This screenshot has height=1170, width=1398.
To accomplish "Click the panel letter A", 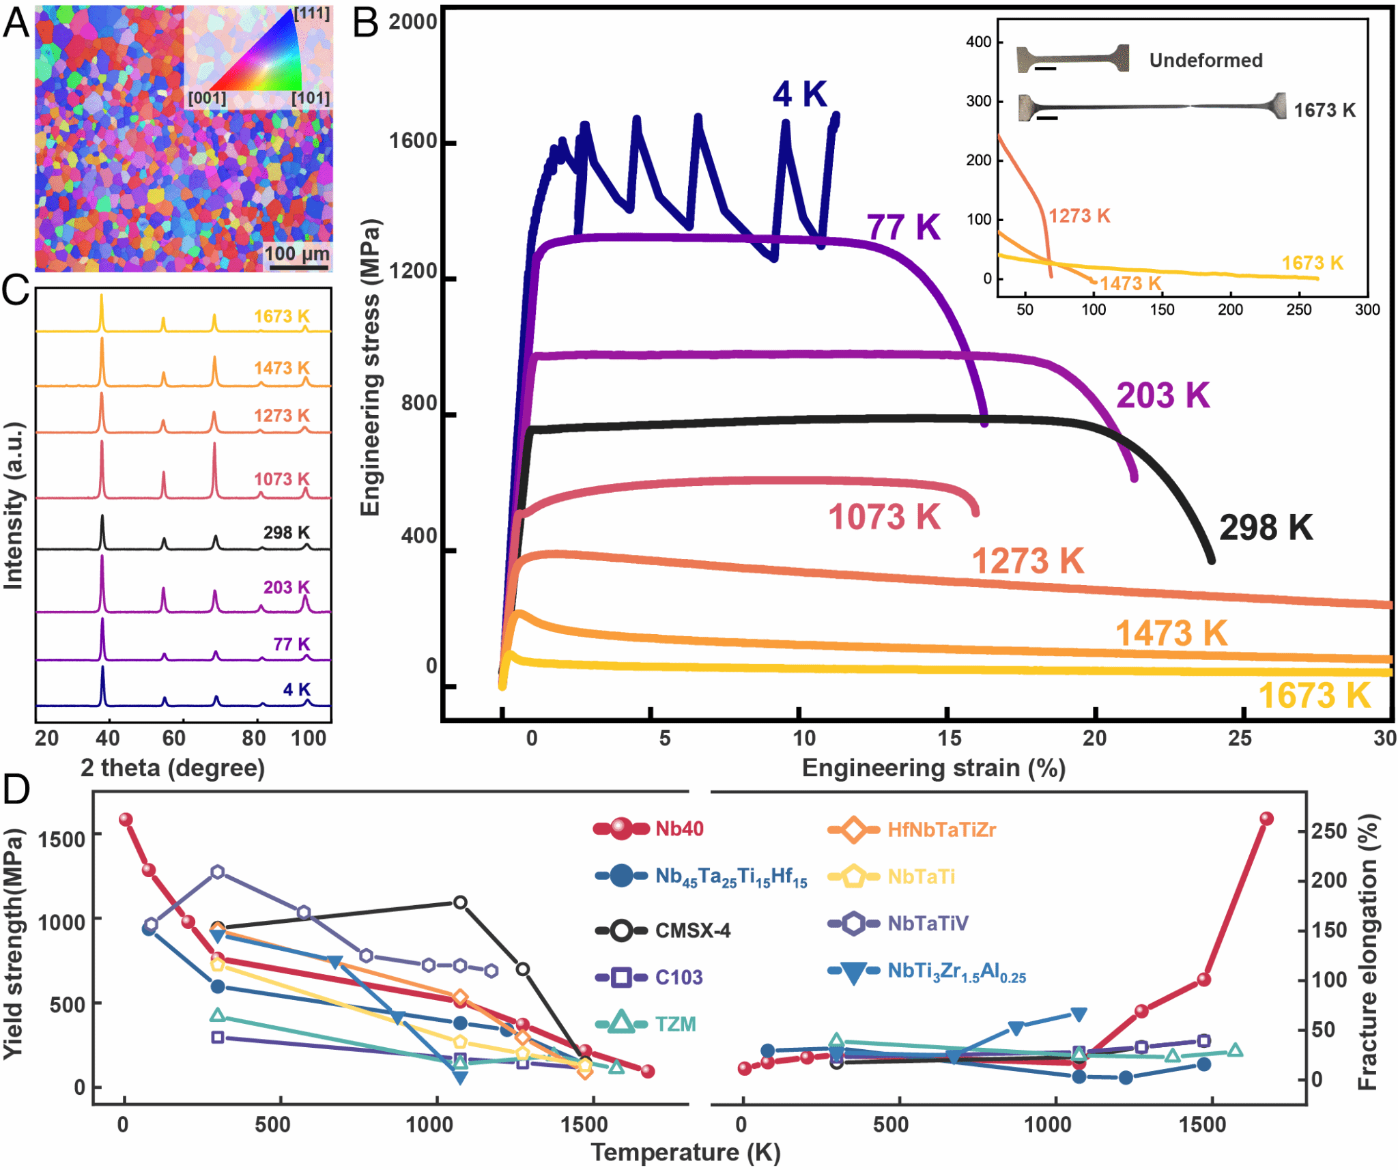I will click(16, 22).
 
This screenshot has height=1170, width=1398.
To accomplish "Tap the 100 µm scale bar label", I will click(296, 254).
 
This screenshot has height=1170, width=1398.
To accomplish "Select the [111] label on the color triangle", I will click(312, 14).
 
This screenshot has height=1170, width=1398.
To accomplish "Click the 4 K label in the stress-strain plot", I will click(799, 94).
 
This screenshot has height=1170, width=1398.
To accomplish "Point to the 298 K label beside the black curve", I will click(1266, 528).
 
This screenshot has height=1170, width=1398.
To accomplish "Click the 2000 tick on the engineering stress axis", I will click(412, 22).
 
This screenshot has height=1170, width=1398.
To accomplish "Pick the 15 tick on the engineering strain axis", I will click(949, 738).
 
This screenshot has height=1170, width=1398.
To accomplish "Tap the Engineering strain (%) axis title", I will click(933, 768).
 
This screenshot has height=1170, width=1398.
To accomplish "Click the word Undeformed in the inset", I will click(1206, 60).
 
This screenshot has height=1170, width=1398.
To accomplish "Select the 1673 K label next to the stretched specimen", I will click(1324, 110).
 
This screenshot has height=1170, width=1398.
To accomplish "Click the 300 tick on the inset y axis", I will click(978, 101).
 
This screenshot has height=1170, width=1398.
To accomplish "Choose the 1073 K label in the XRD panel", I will click(281, 479).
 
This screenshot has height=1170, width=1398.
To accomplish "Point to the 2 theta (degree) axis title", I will click(173, 768).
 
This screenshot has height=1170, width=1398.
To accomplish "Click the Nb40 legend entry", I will click(679, 829).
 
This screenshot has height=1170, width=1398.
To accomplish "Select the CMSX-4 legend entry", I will click(692, 930).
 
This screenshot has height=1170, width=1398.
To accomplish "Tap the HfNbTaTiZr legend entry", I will click(941, 830).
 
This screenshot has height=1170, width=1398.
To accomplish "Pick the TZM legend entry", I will click(675, 1024).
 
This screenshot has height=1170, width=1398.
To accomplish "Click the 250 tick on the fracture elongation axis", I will click(1328, 831).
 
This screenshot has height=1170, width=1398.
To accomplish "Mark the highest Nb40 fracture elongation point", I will click(1266, 819).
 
